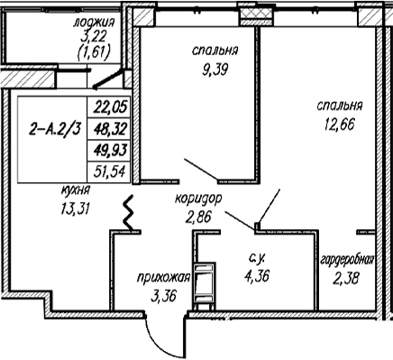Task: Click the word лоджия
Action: [94, 23]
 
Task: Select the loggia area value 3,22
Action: [94, 37]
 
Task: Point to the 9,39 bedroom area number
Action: [215, 69]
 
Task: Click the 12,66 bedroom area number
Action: [340, 124]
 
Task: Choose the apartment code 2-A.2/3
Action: [55, 130]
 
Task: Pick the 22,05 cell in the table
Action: [110, 106]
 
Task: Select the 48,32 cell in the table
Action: [110, 129]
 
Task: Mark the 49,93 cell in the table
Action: [110, 151]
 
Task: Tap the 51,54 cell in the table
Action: [110, 172]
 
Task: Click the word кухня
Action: [76, 190]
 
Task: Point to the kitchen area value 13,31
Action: [76, 208]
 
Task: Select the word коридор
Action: [198, 199]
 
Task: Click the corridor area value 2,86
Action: [198, 217]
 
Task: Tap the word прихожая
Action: [164, 278]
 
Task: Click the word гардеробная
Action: [348, 260]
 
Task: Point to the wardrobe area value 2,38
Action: [345, 278]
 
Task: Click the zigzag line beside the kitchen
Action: [129, 213]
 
